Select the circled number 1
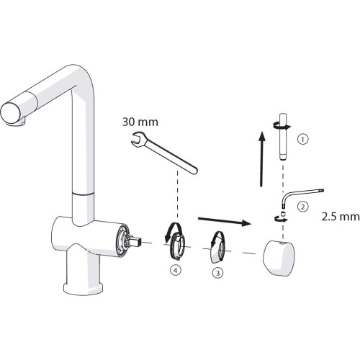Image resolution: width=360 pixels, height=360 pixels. coord(303,139)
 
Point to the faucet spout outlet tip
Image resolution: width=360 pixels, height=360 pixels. coord(11,113)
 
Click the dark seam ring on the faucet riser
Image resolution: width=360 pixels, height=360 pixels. coord(84,194)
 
